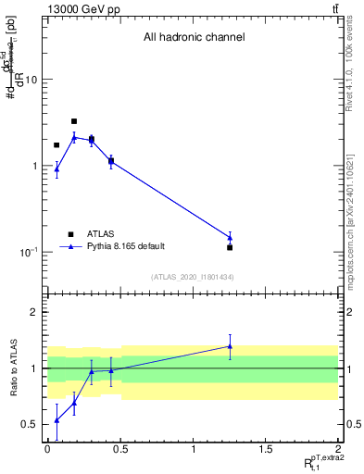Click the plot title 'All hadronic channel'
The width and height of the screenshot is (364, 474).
[x=194, y=38]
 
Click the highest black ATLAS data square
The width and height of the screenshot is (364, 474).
[x=74, y=121]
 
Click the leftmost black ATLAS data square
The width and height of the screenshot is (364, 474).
[x=56, y=145]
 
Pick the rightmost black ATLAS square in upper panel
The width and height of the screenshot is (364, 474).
[x=230, y=247]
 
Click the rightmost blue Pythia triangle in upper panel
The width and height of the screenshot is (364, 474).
[x=230, y=238]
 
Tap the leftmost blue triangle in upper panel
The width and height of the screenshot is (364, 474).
[x=56, y=168]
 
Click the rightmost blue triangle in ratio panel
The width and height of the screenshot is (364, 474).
[x=230, y=346]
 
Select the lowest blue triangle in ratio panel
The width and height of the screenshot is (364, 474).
[x=56, y=420]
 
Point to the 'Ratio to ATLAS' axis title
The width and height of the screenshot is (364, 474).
[x=12, y=368]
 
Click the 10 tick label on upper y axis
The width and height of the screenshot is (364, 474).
[x=30, y=80]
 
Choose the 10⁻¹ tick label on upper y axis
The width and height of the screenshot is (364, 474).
[x=28, y=252]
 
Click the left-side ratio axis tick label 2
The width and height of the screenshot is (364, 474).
[x=33, y=312]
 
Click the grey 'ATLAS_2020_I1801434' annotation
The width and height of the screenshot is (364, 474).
[x=194, y=277]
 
